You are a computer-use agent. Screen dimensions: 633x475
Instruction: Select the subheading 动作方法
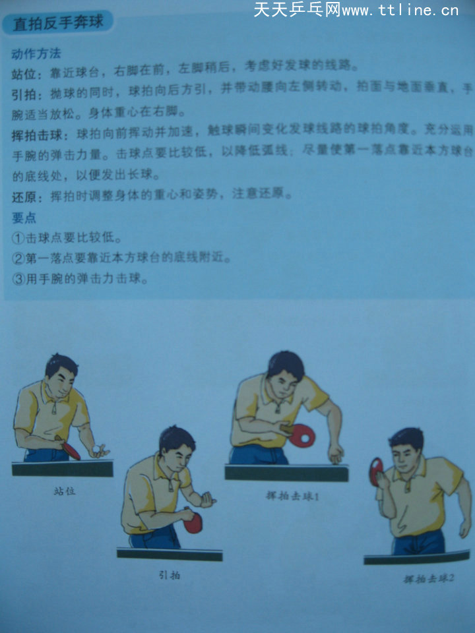pos(36,53)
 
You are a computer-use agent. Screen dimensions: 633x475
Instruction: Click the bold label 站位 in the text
pos(23,69)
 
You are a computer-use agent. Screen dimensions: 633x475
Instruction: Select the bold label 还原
pos(23,196)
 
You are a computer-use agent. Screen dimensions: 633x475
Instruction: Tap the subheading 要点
pos(24,217)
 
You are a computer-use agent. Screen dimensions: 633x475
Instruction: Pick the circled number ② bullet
pos(18,258)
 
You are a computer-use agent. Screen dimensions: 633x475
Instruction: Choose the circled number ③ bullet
pos(18,278)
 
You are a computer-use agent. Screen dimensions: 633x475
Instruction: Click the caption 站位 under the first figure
pos(63,491)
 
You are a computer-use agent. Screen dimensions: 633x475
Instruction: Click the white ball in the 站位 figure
pos(97,450)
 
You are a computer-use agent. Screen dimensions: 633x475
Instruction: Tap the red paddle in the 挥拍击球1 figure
pos(303,436)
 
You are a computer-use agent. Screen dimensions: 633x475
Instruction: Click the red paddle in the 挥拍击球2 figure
pos(377,471)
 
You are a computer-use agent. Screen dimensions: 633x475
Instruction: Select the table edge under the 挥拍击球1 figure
pos(286,473)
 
